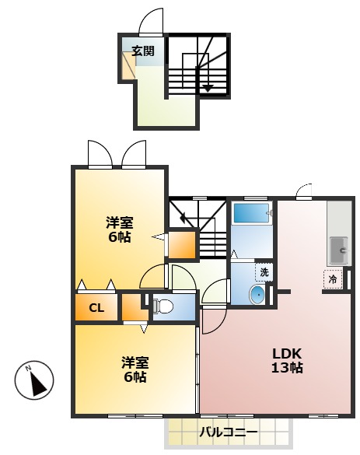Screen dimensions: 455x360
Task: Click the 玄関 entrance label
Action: tap(142, 51)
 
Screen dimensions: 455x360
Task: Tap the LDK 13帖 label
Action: tap(287, 360)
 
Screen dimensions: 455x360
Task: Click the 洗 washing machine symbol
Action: tap(264, 272)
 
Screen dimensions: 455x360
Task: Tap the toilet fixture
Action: tap(163, 306)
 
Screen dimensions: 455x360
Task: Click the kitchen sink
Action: tap(339, 250)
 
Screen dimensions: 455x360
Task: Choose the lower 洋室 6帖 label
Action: tap(135, 369)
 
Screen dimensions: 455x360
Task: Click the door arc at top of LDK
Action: tap(305, 191)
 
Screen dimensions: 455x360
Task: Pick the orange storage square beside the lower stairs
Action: tap(183, 246)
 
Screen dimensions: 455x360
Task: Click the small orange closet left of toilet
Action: tap(132, 308)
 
